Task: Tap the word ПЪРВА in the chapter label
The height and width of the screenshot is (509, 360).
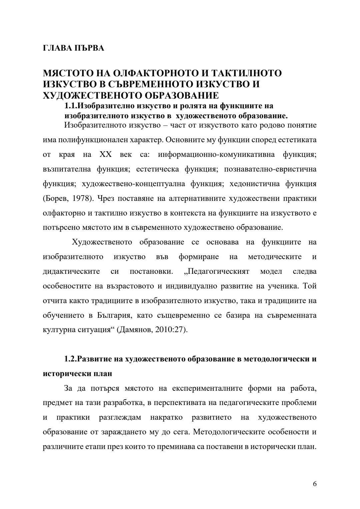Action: pyautogui.click(x=89, y=48)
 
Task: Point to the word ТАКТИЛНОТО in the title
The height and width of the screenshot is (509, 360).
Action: pyautogui.click(x=249, y=73)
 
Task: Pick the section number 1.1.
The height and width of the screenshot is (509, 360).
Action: pyautogui.click(x=71, y=106)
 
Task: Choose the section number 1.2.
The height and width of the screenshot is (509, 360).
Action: pyautogui.click(x=71, y=359)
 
